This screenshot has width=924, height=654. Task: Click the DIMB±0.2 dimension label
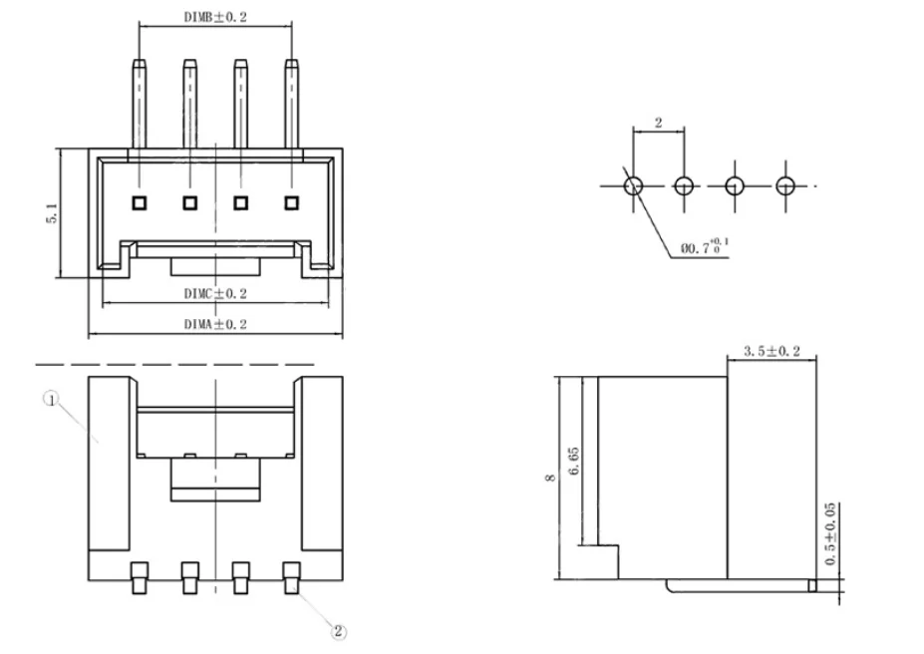click(215, 17)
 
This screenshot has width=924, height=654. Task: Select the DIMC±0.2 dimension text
click(215, 293)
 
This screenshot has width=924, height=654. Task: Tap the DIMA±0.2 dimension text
click(215, 324)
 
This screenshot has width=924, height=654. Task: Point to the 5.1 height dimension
click(52, 212)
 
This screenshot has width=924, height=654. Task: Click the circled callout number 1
click(52, 400)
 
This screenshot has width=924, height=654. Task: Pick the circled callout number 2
click(338, 632)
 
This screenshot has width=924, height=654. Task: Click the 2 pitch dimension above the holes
click(658, 123)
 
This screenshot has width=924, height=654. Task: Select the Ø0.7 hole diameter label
click(704, 247)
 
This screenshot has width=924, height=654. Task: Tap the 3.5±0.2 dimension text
click(771, 351)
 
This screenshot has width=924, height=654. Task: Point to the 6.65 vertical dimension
click(573, 461)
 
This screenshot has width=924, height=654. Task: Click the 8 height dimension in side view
click(550, 478)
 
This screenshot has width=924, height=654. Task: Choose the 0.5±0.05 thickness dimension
click(830, 533)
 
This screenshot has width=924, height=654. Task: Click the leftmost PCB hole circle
click(634, 186)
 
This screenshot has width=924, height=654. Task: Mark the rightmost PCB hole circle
click(784, 186)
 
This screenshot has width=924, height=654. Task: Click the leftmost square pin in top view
click(140, 203)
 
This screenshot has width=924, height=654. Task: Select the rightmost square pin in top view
click(291, 203)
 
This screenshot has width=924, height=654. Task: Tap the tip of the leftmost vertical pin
click(140, 60)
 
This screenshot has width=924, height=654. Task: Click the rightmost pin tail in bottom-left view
click(292, 578)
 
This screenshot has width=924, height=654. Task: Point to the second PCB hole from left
click(684, 186)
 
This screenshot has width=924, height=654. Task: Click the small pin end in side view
click(812, 585)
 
